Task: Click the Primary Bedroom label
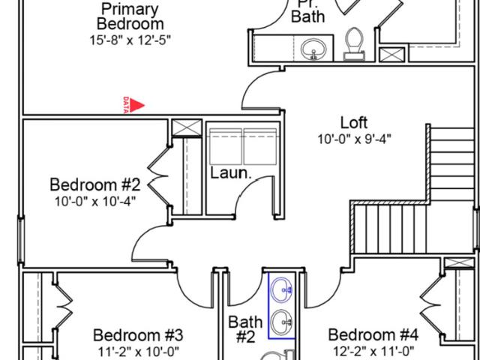130,16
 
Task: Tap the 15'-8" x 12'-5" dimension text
130,40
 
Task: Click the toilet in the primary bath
355,43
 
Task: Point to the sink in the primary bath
313,49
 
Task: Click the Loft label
354,122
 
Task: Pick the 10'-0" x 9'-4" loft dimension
355,139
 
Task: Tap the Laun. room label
231,173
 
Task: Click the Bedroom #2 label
95,185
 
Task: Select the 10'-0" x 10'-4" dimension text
95,202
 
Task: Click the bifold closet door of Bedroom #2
158,177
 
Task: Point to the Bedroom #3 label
138,335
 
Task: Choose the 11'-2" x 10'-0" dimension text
138,351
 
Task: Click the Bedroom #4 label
373,335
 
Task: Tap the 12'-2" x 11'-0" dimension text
373,350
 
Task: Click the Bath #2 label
245,329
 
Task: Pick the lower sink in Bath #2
282,322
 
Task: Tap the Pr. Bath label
307,12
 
